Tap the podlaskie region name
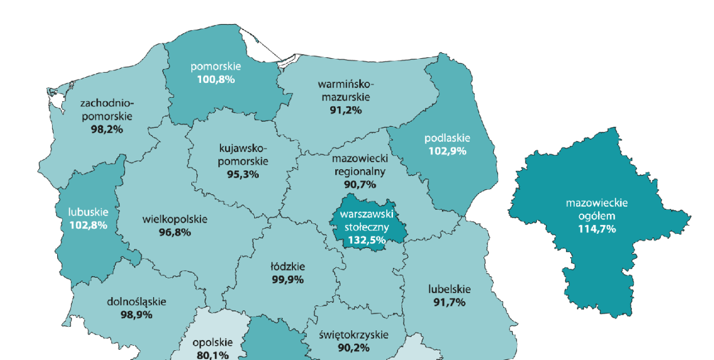click(447, 138)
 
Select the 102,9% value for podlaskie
click(447, 151)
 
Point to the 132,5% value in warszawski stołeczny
click(364, 239)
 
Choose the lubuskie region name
click(88, 212)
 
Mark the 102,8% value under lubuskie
click(88, 225)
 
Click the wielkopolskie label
click(175, 219)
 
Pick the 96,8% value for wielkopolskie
click(175, 233)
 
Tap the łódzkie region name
click(287, 266)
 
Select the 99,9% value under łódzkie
click(287, 279)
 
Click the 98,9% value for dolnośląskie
click(136, 314)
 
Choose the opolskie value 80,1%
click(212, 355)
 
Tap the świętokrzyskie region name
click(353, 335)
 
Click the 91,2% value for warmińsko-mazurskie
click(346, 110)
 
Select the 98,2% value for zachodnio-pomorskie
click(107, 129)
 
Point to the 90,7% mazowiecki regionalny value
click(360, 184)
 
